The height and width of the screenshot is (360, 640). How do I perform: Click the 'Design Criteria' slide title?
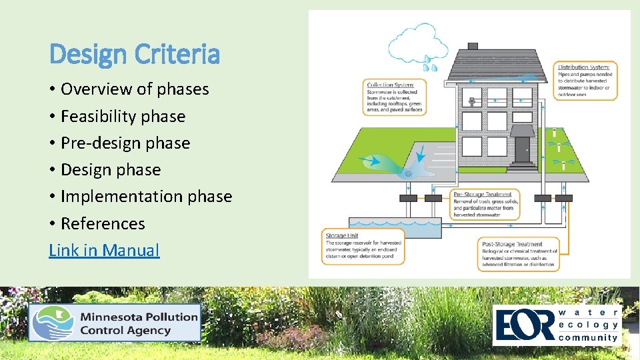(x=135, y=54)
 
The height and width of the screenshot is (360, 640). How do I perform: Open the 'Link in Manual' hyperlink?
(x=104, y=251)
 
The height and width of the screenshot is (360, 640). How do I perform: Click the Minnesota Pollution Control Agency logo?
(x=114, y=323)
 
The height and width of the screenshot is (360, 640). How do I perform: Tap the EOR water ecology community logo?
(x=557, y=325)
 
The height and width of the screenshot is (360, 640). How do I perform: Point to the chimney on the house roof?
(x=473, y=46)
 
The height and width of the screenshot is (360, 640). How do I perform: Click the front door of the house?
(x=522, y=149)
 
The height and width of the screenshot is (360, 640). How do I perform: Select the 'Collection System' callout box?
(x=395, y=97)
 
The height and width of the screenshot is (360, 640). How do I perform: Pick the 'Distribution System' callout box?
(x=587, y=80)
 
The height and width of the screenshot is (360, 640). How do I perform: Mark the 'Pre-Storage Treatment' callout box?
(x=485, y=205)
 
